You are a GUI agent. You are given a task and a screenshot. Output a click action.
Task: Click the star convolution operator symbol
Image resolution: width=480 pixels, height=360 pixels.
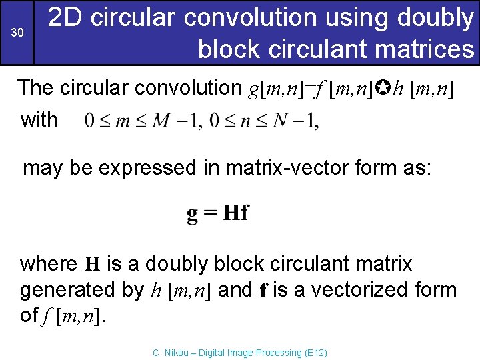[x=385, y=87]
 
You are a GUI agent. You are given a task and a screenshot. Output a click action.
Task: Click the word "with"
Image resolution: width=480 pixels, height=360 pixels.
[x=39, y=120]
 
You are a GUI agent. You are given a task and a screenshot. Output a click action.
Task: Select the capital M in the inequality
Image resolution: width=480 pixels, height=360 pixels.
[x=161, y=121]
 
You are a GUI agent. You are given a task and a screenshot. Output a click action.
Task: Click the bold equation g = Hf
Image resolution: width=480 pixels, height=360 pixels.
[x=217, y=213]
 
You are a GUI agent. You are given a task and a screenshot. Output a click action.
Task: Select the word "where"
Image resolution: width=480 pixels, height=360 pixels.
[x=49, y=264]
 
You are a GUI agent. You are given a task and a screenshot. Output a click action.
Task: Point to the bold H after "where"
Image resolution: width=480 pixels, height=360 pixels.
[x=92, y=265]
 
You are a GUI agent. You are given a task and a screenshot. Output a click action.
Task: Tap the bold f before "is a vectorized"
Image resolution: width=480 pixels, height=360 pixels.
[x=263, y=290]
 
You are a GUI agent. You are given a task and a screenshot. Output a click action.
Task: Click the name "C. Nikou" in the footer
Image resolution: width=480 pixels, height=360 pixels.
[x=169, y=353]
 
